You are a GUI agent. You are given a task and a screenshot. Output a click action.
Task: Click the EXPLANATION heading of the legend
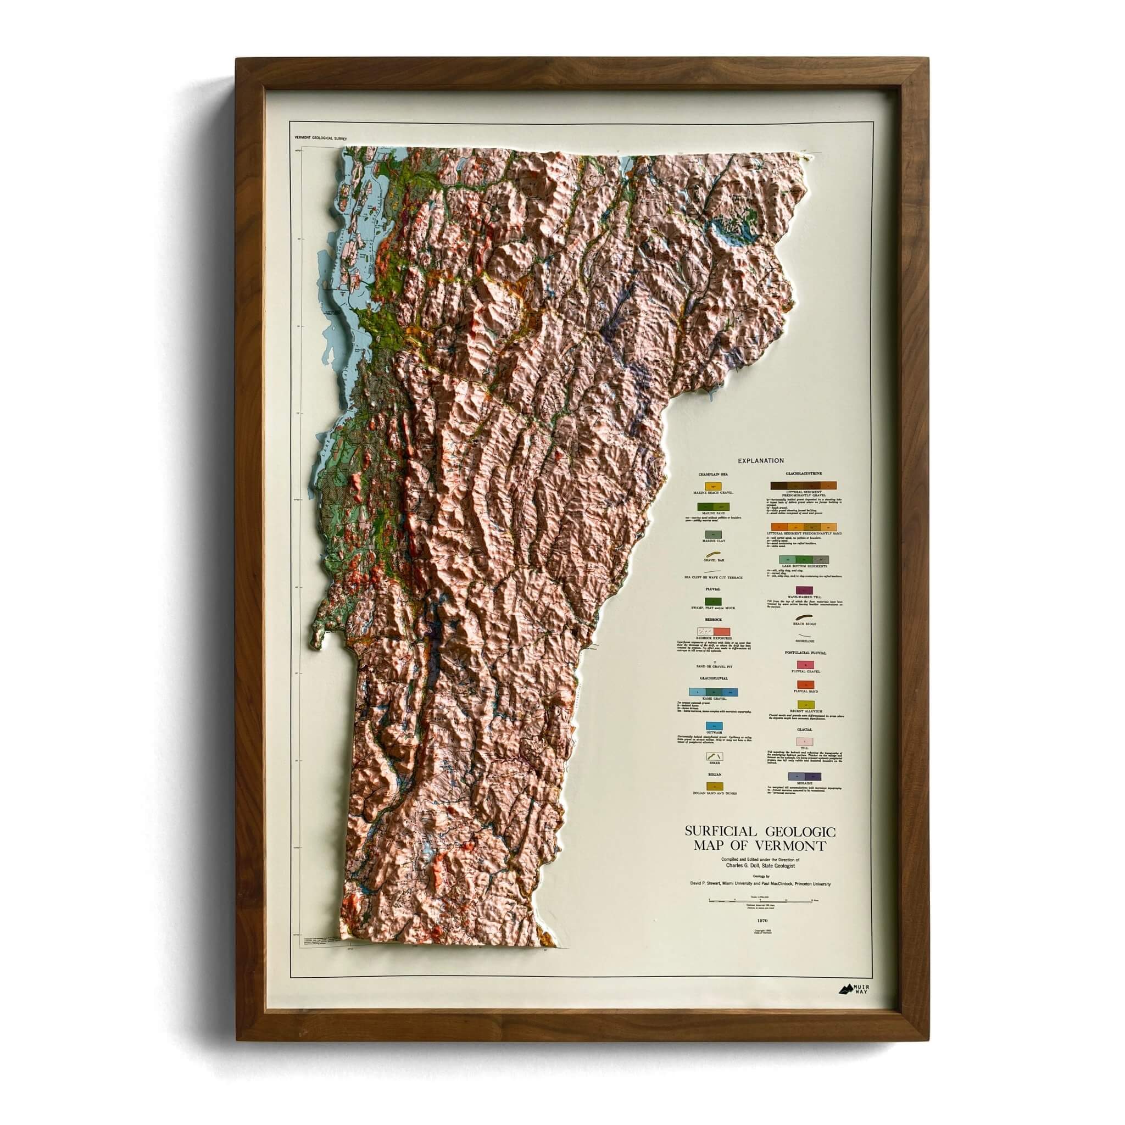coord(760,460)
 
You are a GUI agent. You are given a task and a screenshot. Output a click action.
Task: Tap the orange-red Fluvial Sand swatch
coord(805,684)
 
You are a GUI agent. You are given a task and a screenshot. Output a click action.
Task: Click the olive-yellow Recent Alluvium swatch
coord(805,705)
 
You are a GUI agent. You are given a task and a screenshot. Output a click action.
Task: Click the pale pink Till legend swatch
coord(805,741)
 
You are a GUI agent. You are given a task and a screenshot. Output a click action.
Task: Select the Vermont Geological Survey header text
coord(321,138)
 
